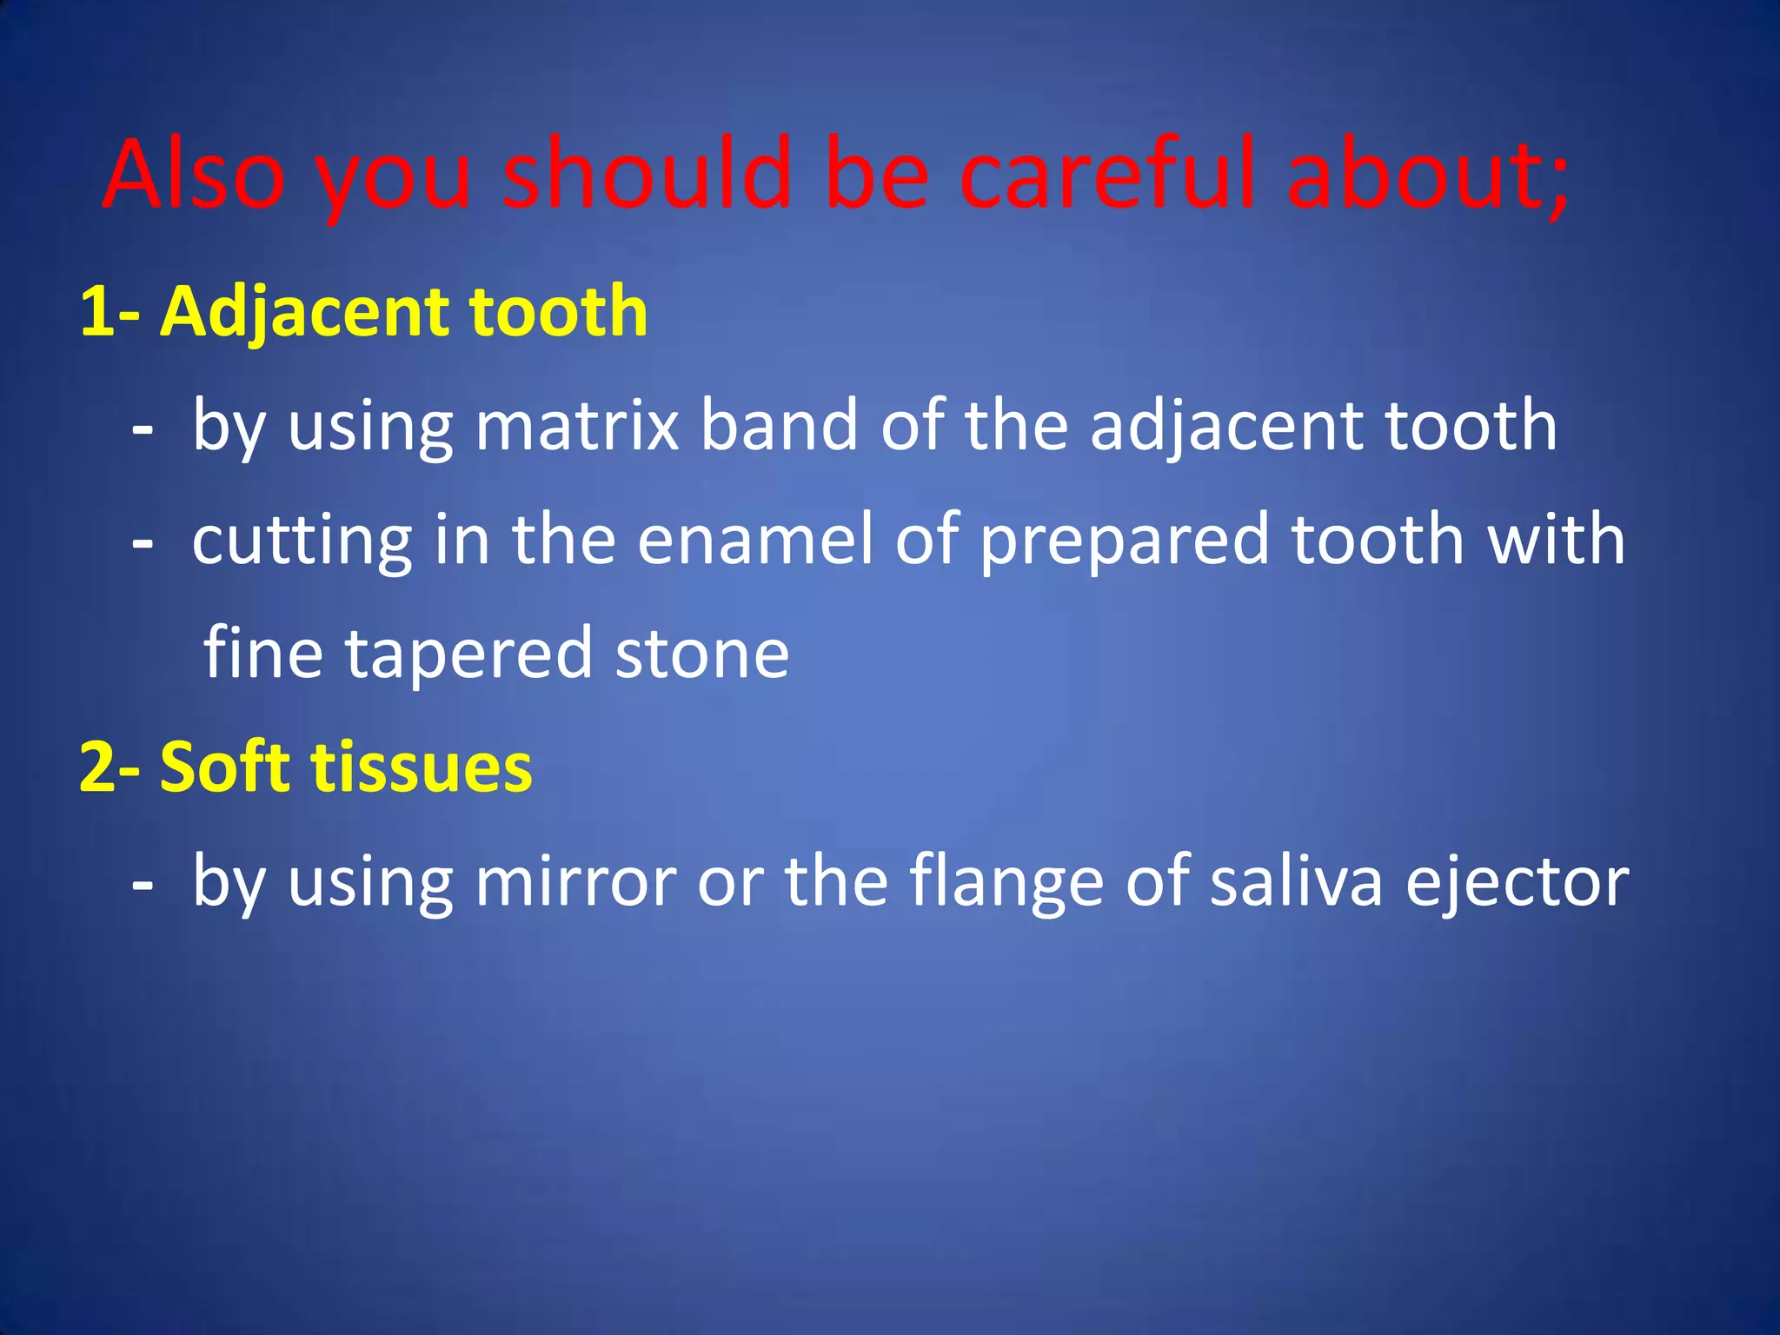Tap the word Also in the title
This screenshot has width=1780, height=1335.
point(193,176)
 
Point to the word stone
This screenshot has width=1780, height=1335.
point(702,654)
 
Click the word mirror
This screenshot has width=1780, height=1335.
point(575,883)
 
